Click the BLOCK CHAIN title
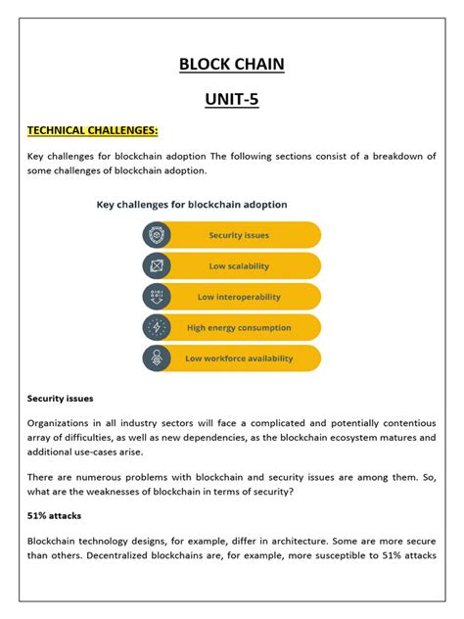coord(232,67)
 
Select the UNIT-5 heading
coord(232,99)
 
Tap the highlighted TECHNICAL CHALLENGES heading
coord(92,130)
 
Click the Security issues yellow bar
coord(240,235)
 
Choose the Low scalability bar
coord(240,266)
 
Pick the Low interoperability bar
coord(240,297)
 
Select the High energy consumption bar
coord(240,327)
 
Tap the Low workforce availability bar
coord(240,357)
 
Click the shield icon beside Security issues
coord(157,235)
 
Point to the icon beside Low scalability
coord(157,266)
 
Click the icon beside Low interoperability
coord(157,297)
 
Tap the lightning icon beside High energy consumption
coord(157,327)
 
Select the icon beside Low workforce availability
coord(157,357)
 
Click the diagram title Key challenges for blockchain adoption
coord(191,205)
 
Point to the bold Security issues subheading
coord(60,399)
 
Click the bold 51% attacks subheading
coord(54,513)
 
